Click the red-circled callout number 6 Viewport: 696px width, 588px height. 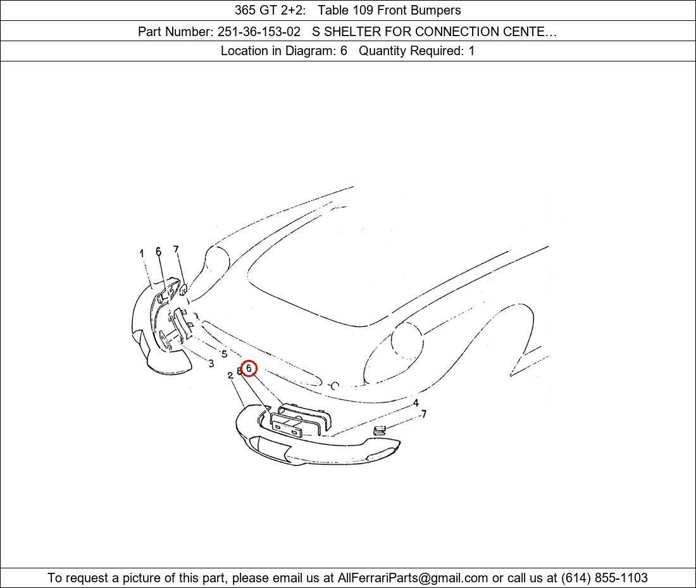249,368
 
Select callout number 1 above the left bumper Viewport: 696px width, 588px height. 142,253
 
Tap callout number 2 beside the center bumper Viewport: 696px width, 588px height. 230,376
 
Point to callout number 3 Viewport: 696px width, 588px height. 211,363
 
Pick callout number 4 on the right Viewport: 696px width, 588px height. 416,403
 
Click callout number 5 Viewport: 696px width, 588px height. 224,354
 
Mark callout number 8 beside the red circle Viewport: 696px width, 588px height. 239,371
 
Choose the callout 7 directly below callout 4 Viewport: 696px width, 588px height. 424,414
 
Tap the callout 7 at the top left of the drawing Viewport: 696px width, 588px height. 177,249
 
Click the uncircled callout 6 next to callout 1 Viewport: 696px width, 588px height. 158,252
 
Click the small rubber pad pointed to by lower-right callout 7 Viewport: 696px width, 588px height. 380,430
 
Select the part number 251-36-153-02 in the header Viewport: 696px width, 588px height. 259,32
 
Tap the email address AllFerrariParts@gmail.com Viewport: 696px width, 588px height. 413,578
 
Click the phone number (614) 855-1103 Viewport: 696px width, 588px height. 604,578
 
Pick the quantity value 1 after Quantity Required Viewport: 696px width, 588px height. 471,51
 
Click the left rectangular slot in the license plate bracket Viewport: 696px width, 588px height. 277,426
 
